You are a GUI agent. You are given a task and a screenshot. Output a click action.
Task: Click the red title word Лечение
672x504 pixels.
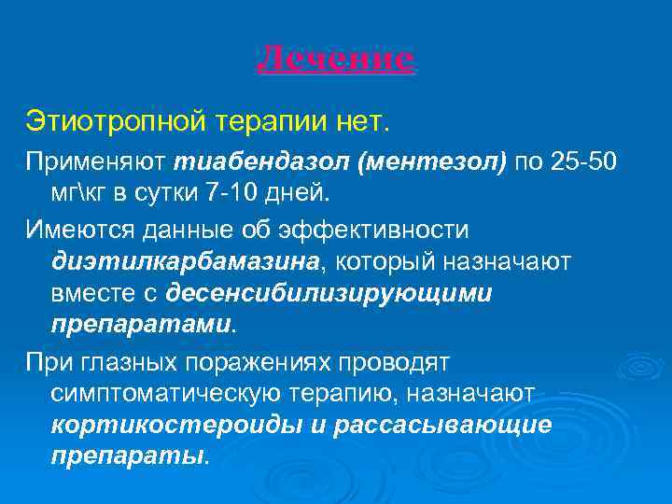(x=335, y=60)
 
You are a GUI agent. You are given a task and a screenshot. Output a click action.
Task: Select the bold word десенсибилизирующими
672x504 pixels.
(x=329, y=293)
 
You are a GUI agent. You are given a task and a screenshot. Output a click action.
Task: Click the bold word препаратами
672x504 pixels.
(x=141, y=324)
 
